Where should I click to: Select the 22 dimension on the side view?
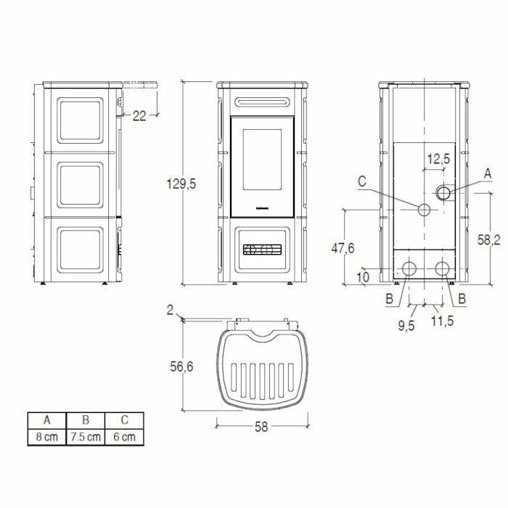139,115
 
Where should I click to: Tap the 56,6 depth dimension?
184,368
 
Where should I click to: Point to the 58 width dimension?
261,427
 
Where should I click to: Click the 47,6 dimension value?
343,248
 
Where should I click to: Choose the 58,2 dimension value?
491,240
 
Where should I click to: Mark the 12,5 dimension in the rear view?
438,158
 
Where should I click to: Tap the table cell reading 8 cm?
46,437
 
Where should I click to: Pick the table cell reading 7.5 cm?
85,437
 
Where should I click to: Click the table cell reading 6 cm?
124,437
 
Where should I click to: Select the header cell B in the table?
85,420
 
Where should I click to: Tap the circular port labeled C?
424,210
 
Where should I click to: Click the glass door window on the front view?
262,165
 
